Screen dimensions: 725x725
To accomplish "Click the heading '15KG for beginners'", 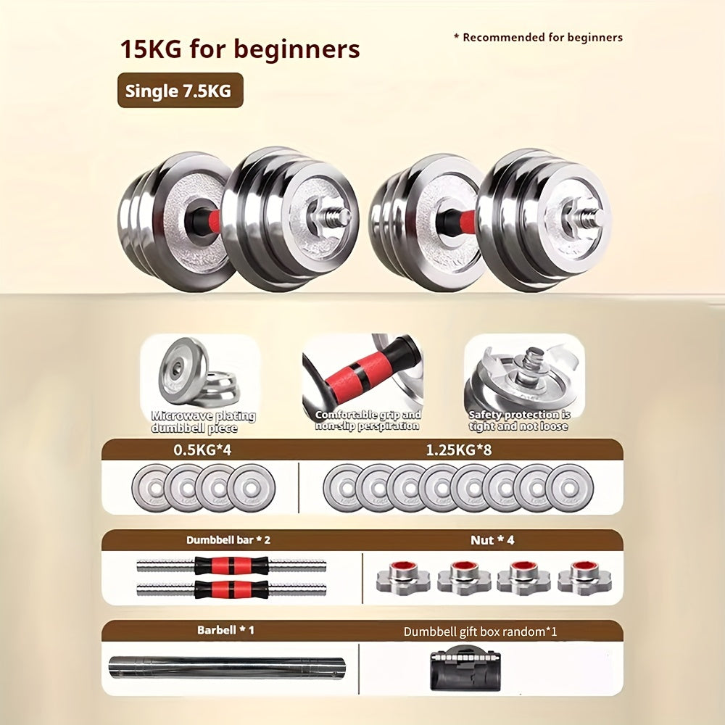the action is point(240,49).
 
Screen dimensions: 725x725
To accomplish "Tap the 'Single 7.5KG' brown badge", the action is point(181,90).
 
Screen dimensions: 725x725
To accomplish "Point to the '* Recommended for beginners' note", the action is point(538,38).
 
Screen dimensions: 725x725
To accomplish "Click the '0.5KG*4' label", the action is point(202,450).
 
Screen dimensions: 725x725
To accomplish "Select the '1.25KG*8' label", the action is point(459,450).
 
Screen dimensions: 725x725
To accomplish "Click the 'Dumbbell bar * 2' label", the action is point(228,540).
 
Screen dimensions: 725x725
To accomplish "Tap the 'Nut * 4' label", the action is point(492,540).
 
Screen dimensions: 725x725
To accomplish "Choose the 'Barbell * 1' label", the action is point(225,630).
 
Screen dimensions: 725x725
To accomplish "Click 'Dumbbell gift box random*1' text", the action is point(481,631).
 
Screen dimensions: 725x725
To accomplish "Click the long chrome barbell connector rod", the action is point(227,667).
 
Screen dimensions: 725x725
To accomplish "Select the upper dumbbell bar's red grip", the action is point(231,565).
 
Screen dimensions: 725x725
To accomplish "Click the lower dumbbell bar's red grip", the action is point(231,589).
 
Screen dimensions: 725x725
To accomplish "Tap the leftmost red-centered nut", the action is point(402,577).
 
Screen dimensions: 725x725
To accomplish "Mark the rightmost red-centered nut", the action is point(584,577).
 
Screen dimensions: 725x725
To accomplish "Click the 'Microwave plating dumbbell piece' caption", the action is point(204,422).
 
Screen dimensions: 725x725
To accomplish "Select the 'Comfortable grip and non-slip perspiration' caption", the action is point(368,420).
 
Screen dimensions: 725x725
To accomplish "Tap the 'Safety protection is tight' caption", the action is point(519,420).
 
